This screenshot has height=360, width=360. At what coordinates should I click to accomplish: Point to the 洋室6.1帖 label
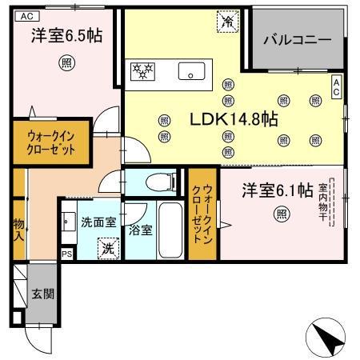277,190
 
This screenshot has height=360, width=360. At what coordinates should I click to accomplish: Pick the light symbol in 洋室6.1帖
282,213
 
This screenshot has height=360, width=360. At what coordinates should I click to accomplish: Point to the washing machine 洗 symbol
107,249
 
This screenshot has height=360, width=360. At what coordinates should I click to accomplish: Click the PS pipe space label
66,254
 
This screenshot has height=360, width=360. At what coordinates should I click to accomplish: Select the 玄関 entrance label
43,294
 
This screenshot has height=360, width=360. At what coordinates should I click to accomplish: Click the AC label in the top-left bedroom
26,15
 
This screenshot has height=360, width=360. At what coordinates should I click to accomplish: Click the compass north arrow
327,338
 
